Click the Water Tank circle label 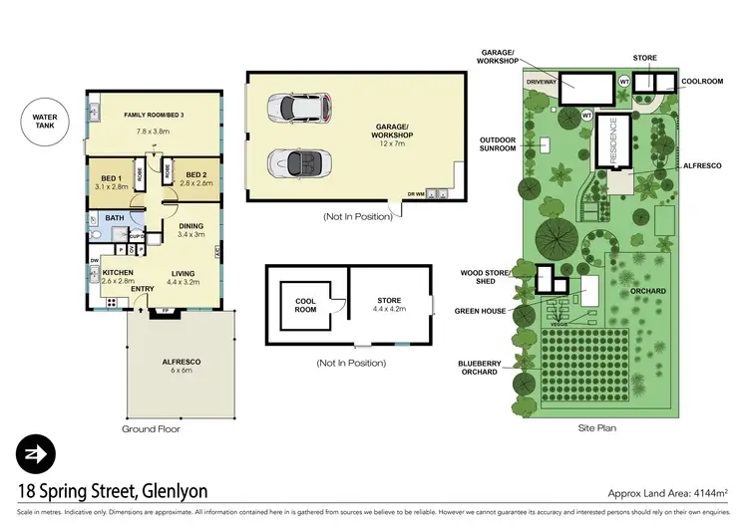click(40, 132)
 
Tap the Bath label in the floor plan click(114, 217)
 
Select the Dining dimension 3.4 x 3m click(190, 235)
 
